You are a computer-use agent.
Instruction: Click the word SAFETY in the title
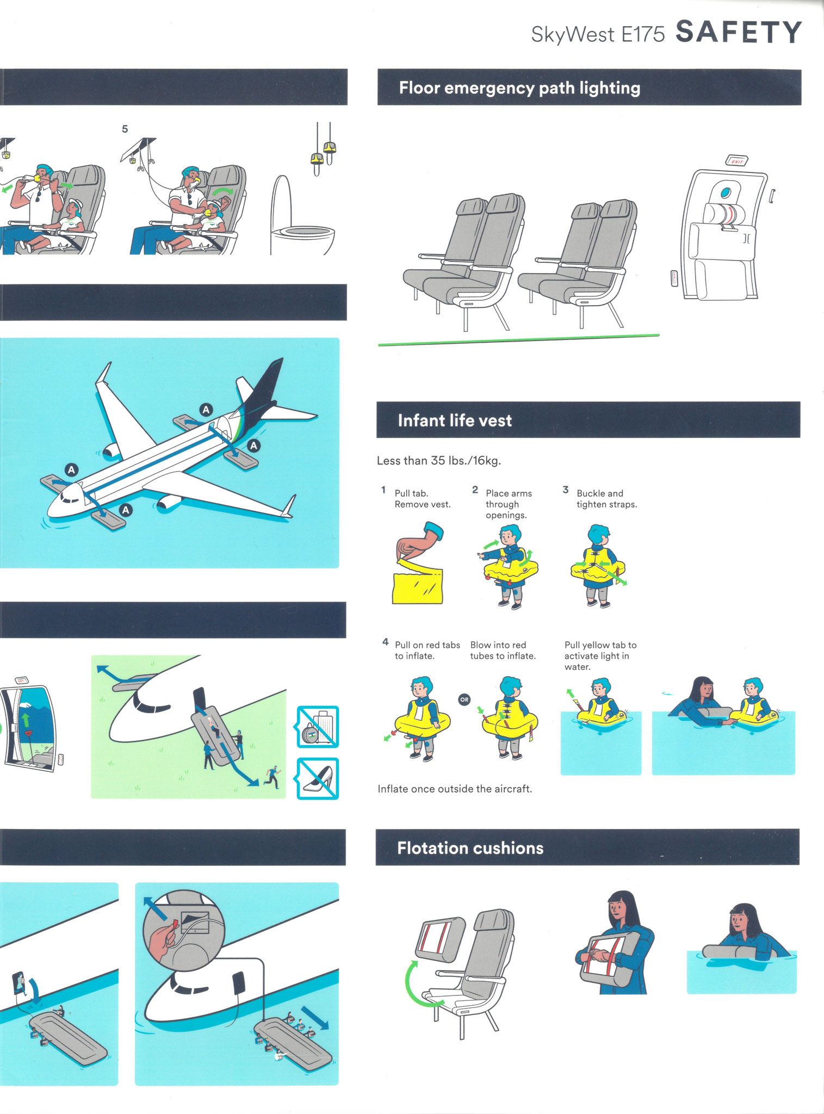coord(739,32)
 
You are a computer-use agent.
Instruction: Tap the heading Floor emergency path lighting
coord(519,88)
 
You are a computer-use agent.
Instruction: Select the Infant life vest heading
coord(455,420)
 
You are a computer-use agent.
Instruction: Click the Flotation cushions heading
coord(470,848)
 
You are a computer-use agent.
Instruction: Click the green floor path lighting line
coord(519,340)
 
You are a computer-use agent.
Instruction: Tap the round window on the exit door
coord(726,193)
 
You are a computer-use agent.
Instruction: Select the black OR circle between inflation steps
coord(464,700)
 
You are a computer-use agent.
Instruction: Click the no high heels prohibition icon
coord(318,778)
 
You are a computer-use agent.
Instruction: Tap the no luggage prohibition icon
coord(318,726)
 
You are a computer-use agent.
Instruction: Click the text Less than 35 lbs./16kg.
coord(439,461)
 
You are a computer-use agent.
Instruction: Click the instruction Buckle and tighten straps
coord(606,499)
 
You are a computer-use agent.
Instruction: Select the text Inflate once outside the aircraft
coord(455,789)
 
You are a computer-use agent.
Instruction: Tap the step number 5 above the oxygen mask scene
coord(125,129)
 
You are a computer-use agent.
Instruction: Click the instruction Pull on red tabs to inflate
coord(428,651)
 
